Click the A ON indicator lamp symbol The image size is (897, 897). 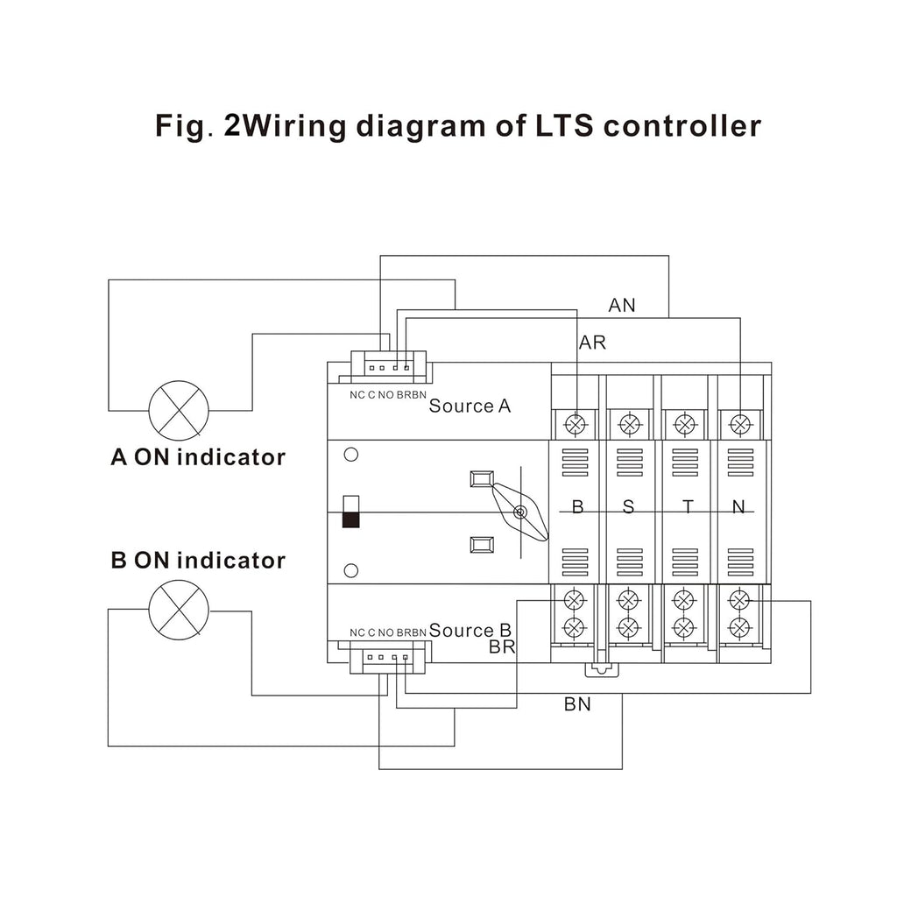click(x=179, y=410)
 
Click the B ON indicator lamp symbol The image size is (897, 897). click(x=179, y=610)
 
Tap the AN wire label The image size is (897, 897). click(x=622, y=306)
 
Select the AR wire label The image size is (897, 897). click(x=592, y=343)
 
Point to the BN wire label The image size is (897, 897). click(x=577, y=704)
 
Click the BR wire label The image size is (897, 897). click(x=502, y=647)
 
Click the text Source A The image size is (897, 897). click(x=470, y=406)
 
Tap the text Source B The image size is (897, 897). click(x=470, y=630)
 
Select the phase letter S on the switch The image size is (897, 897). click(x=628, y=507)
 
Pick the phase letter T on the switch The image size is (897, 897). click(x=688, y=507)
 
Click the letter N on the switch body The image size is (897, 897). click(x=738, y=507)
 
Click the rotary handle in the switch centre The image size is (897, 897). click(x=520, y=512)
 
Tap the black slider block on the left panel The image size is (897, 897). click(x=350, y=519)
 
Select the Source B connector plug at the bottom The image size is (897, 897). click(x=387, y=657)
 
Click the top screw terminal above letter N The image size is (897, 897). click(x=740, y=425)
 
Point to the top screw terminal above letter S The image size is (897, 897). click(x=629, y=425)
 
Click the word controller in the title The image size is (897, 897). click(x=682, y=126)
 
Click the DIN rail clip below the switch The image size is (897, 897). click(x=602, y=670)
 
